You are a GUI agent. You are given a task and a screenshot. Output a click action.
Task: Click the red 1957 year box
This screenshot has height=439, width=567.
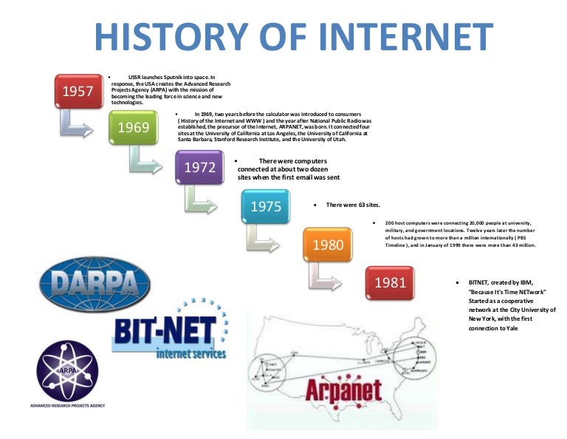78,92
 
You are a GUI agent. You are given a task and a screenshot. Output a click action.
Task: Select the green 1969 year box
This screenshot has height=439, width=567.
133,127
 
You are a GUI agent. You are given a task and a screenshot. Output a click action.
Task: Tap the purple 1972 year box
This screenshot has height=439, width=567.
200,167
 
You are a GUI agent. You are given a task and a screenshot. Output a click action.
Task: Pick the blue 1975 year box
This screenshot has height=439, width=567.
266,206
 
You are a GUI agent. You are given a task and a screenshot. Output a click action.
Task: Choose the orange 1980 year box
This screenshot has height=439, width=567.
329,245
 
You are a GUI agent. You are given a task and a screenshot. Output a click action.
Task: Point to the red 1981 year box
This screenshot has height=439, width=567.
391,282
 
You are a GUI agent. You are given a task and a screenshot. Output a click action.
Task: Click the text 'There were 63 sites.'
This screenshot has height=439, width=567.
353,205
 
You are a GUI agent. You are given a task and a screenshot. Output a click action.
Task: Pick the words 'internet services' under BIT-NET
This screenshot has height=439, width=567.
190,353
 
